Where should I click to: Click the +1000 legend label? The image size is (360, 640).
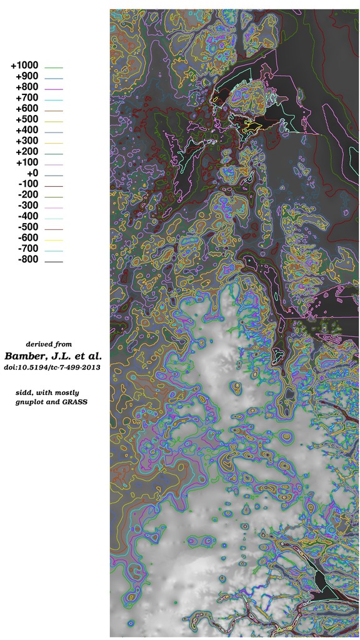[24, 66]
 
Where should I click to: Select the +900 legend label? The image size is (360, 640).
[27, 76]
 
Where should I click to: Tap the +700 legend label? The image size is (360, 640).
[27, 97]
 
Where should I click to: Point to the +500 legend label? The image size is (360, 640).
[27, 119]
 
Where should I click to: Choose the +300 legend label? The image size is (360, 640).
[27, 141]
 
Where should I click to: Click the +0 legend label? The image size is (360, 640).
[32, 173]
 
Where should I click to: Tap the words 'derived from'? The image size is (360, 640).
[48, 344]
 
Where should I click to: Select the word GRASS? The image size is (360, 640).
[74, 402]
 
